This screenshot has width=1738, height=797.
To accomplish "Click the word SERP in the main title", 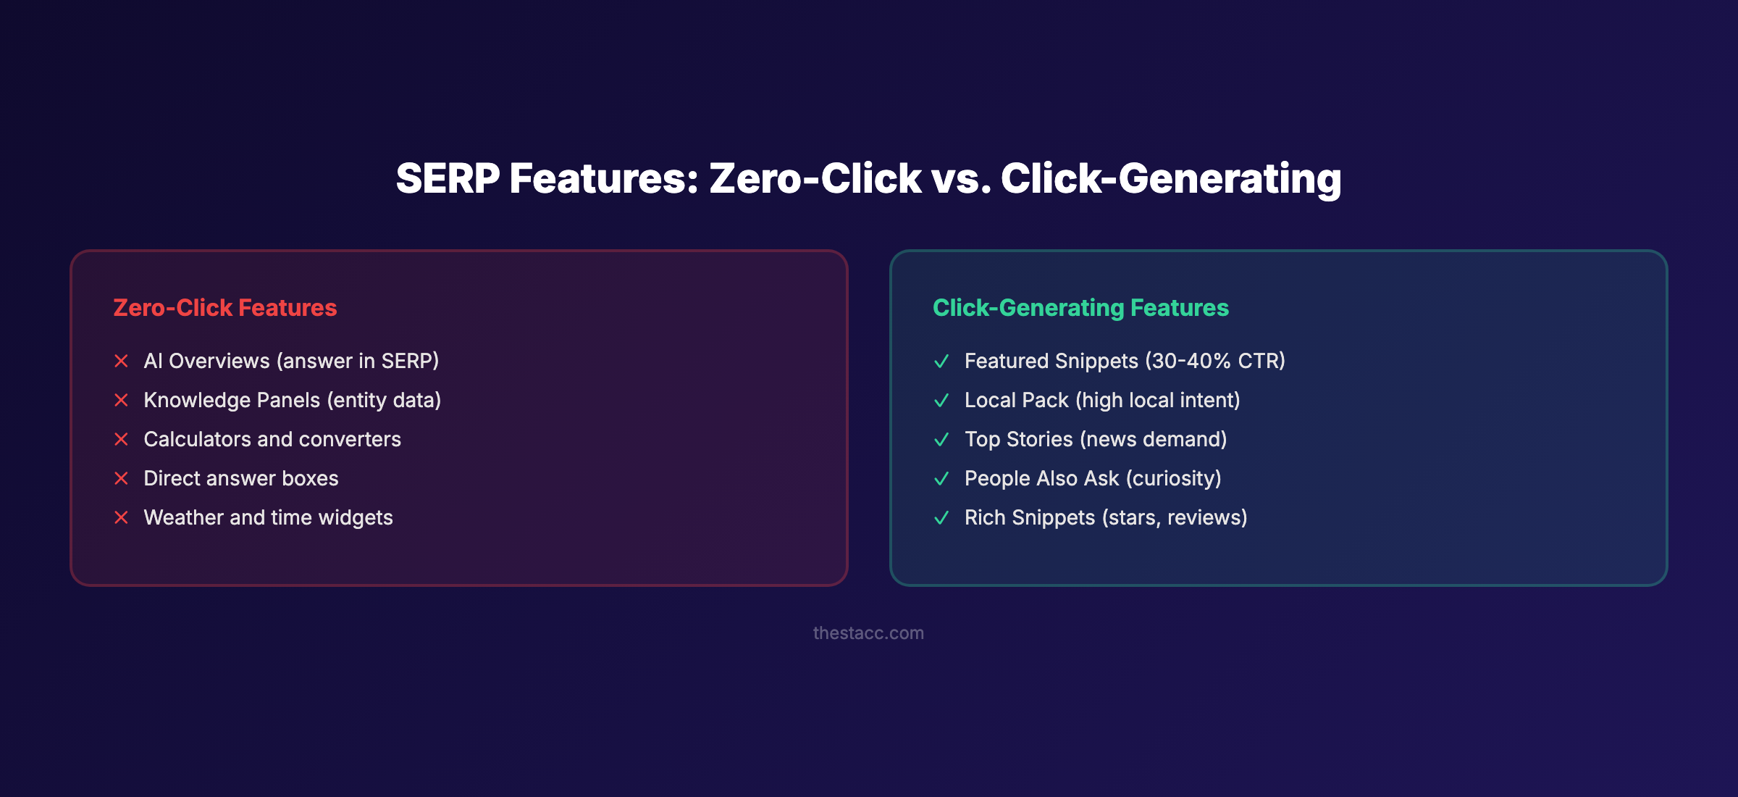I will tap(448, 179).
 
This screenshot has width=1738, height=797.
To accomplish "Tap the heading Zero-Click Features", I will tap(225, 308).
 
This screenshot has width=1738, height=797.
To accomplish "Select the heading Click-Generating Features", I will tap(1080, 308).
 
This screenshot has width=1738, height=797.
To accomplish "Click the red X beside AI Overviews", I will tap(122, 361).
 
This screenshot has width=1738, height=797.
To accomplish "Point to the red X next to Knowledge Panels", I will tap(122, 400).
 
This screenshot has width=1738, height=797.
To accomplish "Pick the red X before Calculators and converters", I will tap(122, 439).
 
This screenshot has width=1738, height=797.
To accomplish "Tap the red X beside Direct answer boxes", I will tap(122, 478).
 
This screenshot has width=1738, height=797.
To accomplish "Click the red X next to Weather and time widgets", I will tap(122, 517).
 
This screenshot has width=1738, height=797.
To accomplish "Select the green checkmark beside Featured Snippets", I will tap(941, 361).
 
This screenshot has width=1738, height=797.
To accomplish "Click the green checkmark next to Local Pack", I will tap(941, 400).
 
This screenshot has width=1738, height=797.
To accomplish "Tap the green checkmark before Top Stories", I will tap(941, 439).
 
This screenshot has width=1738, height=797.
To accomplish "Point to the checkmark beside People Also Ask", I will tap(941, 478).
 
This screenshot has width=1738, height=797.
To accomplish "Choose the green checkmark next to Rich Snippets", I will tap(941, 517).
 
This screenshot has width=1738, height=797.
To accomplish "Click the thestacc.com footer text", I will tap(868, 633).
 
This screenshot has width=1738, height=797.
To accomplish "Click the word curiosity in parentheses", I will tap(1173, 478).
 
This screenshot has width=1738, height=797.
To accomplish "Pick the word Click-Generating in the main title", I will tap(1171, 179).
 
